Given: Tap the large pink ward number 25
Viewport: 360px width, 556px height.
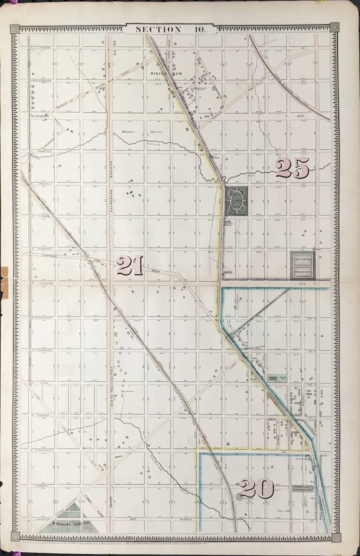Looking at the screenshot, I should [292, 167].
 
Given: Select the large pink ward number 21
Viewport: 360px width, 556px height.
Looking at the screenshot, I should [129, 265].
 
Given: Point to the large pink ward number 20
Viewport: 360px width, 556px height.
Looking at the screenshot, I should [257, 488].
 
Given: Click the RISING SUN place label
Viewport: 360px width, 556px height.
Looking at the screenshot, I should [162, 73].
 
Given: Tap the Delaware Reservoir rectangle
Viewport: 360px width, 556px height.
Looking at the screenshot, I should [302, 265].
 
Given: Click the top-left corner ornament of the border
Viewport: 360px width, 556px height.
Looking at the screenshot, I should [15, 29].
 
